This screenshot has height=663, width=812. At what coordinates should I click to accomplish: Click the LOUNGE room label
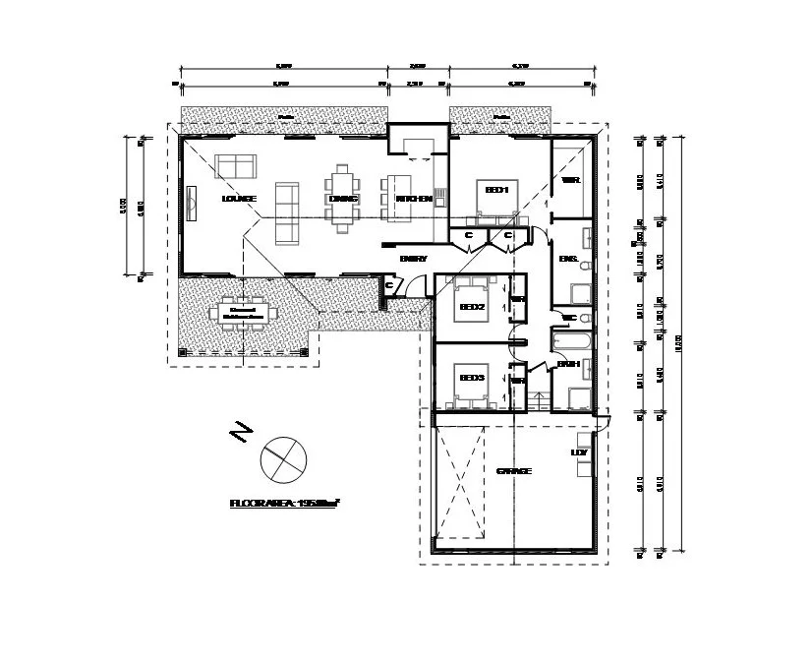pyautogui.click(x=239, y=199)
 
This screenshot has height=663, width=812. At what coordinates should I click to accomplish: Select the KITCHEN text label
pyautogui.click(x=414, y=199)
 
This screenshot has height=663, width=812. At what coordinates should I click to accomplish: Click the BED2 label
pyautogui.click(x=472, y=307)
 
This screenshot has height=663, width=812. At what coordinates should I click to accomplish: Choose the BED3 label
pyautogui.click(x=472, y=378)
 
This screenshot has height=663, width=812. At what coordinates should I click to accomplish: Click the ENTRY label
pyautogui.click(x=413, y=259)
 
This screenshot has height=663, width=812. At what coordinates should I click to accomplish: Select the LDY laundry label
pyautogui.click(x=580, y=453)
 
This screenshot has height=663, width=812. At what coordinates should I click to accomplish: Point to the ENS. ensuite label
pyautogui.click(x=567, y=259)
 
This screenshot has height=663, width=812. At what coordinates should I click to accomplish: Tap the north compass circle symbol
pyautogui.click(x=283, y=457)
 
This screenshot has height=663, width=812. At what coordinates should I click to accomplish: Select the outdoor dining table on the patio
pyautogui.click(x=243, y=312)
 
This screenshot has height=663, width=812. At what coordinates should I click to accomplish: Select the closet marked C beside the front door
pyautogui.click(x=390, y=285)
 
